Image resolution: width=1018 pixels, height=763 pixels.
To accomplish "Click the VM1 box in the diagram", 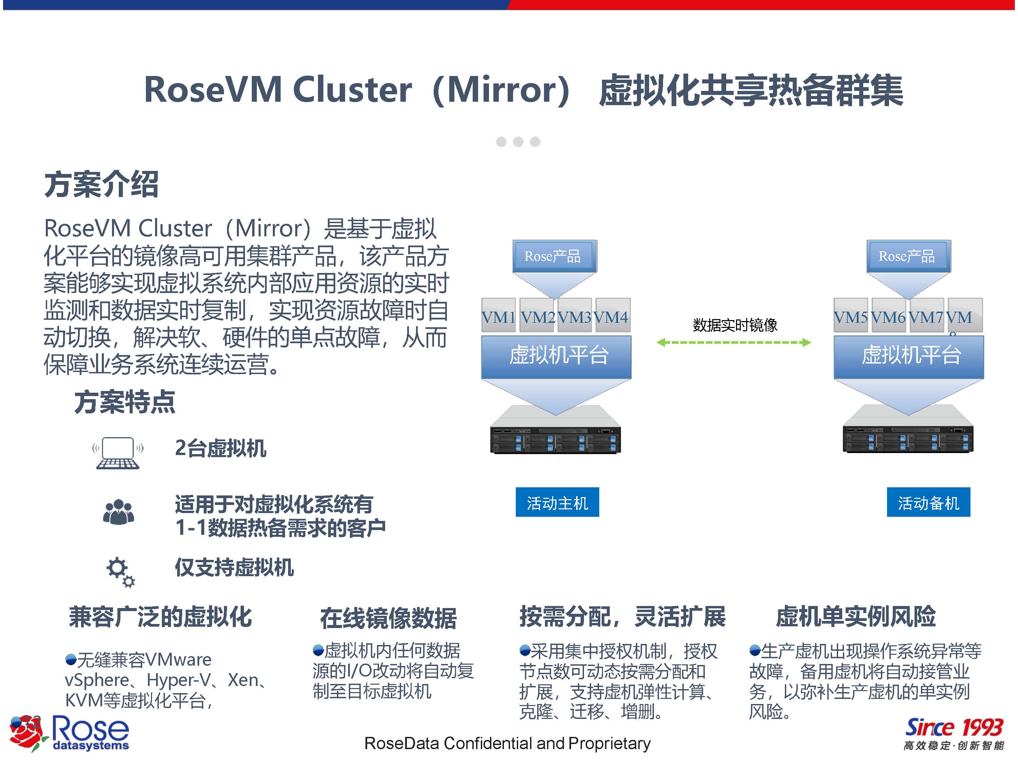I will click(498, 315).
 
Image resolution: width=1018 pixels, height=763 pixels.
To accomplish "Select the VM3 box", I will click(575, 315).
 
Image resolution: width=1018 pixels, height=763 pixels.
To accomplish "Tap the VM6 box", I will click(888, 315).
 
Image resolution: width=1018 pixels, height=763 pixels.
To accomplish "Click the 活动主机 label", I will click(557, 502).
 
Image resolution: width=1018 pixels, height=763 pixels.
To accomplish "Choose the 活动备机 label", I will click(928, 502).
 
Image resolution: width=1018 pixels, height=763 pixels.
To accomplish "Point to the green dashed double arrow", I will click(734, 342).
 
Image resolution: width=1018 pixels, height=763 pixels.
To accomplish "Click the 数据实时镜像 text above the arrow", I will click(735, 325).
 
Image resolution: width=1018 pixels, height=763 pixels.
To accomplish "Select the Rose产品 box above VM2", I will click(554, 256).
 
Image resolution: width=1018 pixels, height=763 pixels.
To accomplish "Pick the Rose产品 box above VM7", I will click(908, 256).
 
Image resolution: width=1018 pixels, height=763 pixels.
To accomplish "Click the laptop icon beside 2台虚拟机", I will click(118, 453).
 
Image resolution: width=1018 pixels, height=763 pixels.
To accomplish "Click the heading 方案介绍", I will click(101, 184).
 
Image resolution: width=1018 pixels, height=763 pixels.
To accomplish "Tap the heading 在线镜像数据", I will click(389, 618).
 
